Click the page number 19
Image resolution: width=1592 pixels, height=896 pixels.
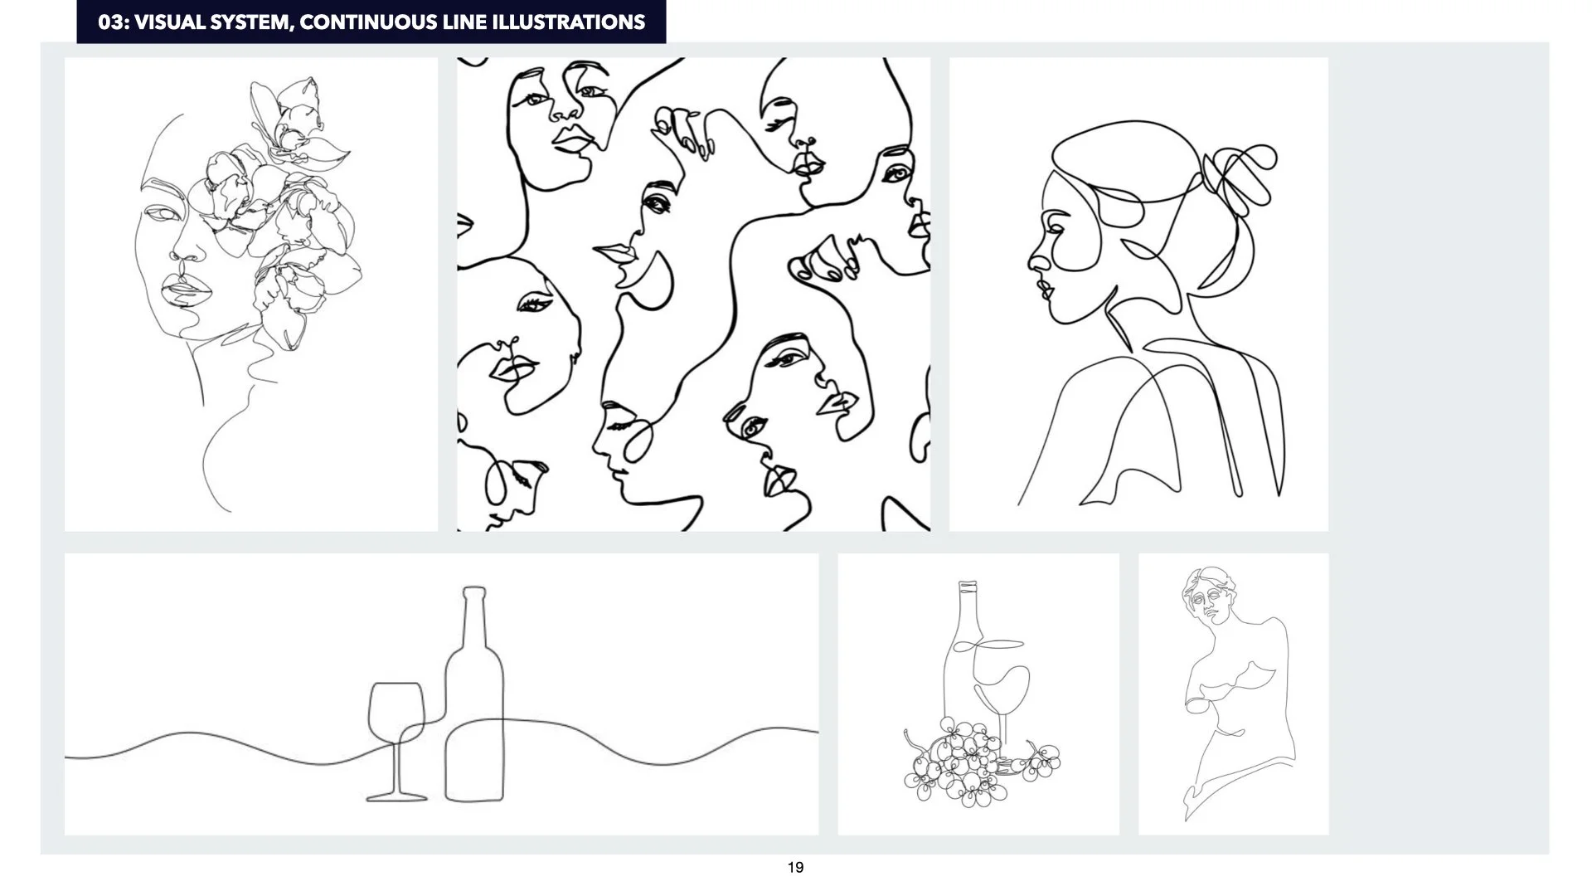(795, 868)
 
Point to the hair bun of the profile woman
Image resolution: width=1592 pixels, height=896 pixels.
(1239, 178)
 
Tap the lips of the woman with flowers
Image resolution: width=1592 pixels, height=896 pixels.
(180, 290)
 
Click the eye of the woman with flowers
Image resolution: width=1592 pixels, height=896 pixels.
(161, 213)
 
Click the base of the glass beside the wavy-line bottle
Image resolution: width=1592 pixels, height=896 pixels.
(396, 797)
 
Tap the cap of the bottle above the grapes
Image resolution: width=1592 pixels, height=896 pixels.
(968, 587)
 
